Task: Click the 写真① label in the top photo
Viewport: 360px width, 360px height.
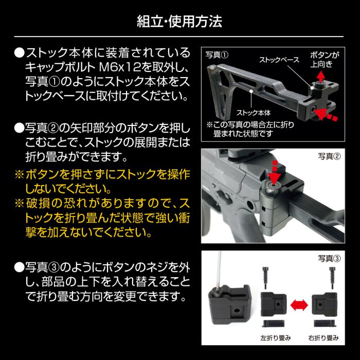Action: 217,53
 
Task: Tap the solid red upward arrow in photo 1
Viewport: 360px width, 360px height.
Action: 319,78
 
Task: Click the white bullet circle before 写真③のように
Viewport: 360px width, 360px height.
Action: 19,267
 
